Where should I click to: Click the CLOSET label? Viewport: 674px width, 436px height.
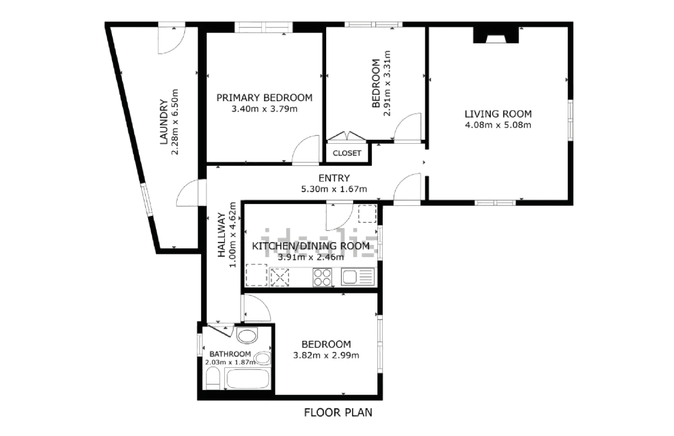click(x=347, y=153)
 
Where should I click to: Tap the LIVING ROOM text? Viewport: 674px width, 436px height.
click(x=498, y=114)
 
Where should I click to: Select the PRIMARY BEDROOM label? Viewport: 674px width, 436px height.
click(x=265, y=98)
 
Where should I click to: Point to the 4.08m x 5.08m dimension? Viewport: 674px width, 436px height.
click(x=498, y=125)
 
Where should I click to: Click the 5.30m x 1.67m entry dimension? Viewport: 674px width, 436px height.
click(x=334, y=189)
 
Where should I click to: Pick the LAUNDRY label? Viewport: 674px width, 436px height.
click(x=164, y=122)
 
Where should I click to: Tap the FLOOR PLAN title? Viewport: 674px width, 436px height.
click(x=338, y=412)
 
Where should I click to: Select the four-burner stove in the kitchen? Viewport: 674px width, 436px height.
click(x=322, y=277)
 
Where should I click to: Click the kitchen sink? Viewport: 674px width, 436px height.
click(x=358, y=277)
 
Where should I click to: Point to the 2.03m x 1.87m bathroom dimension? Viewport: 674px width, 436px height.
click(x=230, y=362)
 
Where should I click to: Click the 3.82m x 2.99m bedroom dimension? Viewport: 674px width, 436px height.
click(x=326, y=355)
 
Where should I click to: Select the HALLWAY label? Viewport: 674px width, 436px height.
click(x=221, y=235)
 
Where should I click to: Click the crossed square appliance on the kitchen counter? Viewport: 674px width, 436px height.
click(x=280, y=277)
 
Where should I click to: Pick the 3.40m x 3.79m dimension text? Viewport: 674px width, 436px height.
click(x=265, y=109)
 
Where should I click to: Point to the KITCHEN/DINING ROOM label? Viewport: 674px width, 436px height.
click(x=311, y=246)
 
